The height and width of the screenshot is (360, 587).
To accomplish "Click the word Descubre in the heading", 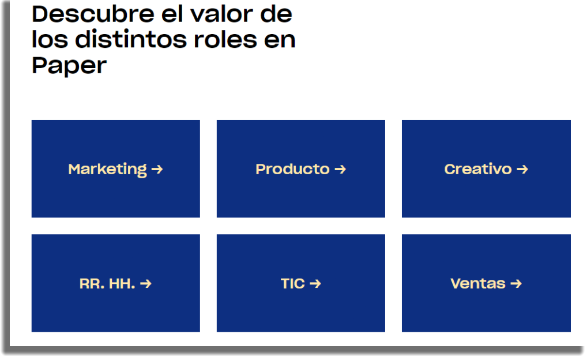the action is tap(93, 14).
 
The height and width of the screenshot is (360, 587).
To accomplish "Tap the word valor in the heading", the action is tap(221, 14).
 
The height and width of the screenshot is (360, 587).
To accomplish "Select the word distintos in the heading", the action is tap(131, 39).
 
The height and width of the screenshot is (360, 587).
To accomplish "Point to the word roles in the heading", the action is tap(225, 39).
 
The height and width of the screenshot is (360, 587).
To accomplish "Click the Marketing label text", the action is tap(107, 169).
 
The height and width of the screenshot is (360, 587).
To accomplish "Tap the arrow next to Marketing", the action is tap(157, 170).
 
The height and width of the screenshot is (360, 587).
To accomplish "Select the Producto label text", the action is tap(292, 169).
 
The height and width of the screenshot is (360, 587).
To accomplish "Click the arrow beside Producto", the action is tap(340, 170).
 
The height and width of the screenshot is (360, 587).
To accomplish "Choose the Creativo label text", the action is tap(477, 169).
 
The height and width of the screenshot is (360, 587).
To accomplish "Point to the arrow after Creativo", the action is tap(522, 170).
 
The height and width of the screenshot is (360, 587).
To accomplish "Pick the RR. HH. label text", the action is tap(107, 284).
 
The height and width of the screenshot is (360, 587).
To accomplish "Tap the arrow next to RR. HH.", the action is tap(146, 284).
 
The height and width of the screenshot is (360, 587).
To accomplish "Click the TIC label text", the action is tap(293, 284).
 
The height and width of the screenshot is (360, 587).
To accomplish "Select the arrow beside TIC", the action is tap(315, 284).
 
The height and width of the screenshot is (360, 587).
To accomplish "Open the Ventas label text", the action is tap(477, 284).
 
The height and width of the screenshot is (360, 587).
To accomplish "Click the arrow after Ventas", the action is tap(516, 284).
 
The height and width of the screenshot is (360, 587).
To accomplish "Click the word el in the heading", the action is tap(172, 14).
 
